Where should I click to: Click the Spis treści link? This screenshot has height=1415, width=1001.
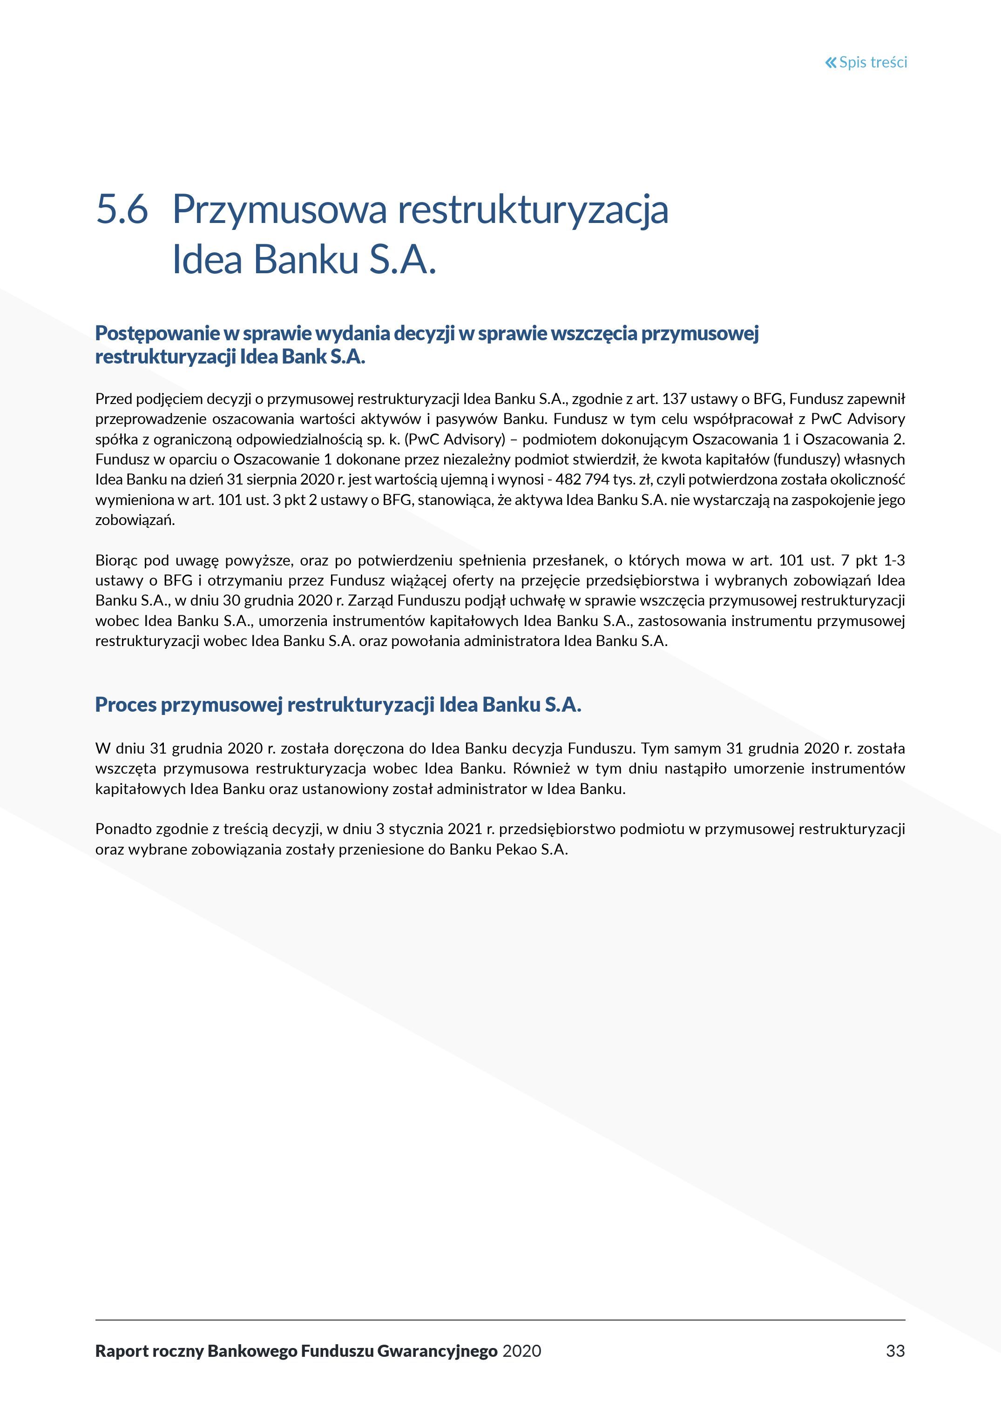[x=873, y=62]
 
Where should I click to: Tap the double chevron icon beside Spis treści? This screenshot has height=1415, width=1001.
[x=831, y=62]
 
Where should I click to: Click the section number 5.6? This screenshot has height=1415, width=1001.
[x=122, y=209]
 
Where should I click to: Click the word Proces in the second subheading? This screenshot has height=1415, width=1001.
[x=125, y=704]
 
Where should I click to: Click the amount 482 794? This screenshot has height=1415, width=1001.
[x=582, y=479]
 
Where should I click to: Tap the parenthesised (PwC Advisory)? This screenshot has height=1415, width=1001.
[x=455, y=439]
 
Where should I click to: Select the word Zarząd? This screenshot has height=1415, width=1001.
[x=369, y=600]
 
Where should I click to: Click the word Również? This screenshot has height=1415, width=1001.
[x=539, y=768]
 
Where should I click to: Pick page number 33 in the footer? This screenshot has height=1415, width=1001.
[x=895, y=1351]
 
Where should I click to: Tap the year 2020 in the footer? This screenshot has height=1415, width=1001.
[x=521, y=1351]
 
